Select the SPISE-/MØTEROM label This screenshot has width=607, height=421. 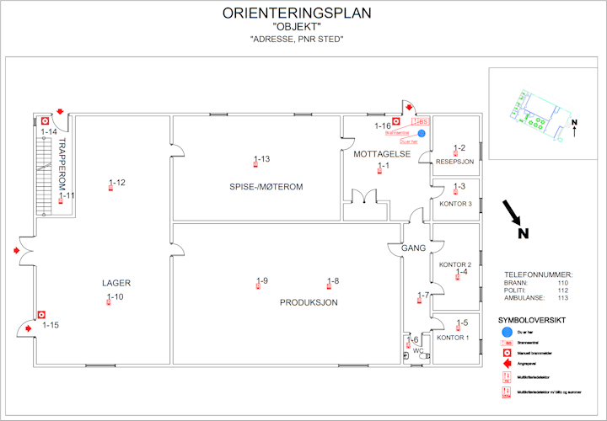tap(266, 186)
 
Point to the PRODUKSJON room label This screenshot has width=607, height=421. tap(309, 301)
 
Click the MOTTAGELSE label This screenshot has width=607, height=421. tap(382, 154)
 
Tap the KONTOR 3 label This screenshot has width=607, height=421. tap(456, 204)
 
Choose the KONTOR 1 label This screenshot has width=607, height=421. tap(453, 338)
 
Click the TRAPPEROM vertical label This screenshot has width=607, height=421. tap(61, 163)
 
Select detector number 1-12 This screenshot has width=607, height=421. tap(116, 183)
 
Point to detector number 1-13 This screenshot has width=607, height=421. tap(261, 159)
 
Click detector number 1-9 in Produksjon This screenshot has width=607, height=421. tap(261, 281)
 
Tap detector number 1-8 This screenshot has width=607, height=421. tap(332, 281)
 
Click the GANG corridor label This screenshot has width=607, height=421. tap(414, 248)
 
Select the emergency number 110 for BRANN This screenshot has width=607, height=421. tap(562, 283)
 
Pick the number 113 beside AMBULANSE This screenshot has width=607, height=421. tap(562, 297)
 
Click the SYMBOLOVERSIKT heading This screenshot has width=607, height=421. tap(532, 320)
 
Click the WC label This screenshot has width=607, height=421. tap(419, 350)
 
